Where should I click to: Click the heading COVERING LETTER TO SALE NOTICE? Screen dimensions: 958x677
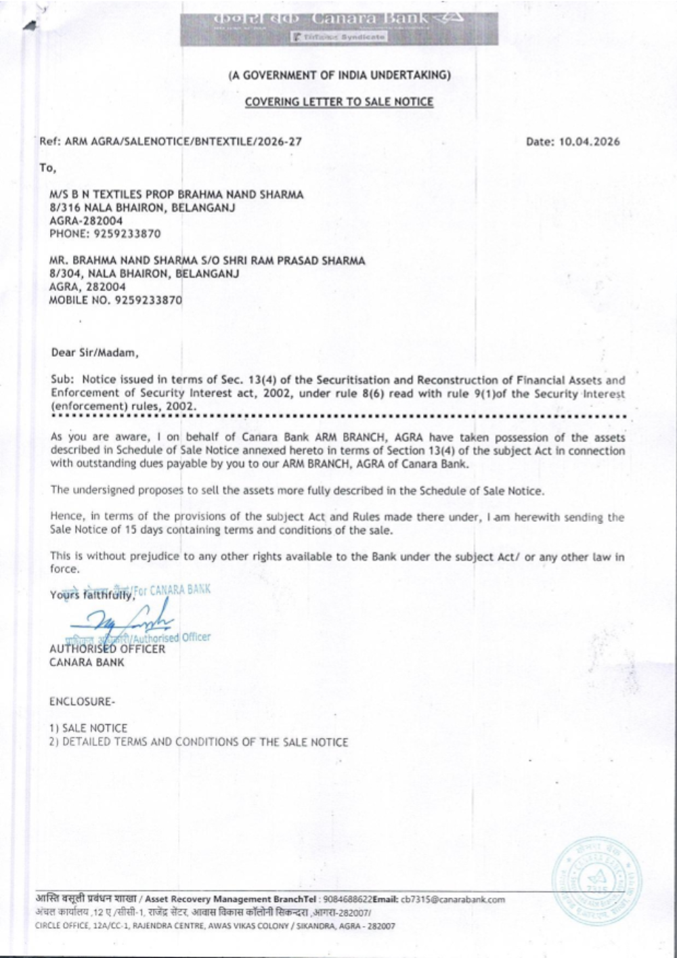coord(338,102)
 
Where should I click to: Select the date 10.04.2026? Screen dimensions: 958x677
coord(589,141)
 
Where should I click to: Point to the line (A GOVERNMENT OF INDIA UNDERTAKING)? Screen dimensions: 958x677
coord(338,75)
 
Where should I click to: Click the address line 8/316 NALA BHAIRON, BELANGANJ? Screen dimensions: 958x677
coord(142,208)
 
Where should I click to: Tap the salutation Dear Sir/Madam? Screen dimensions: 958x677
coord(95,353)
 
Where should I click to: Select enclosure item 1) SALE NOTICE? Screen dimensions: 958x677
coord(88,728)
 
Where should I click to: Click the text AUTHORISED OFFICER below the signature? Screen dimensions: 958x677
coord(107,649)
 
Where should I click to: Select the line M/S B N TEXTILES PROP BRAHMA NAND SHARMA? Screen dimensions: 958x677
coord(176,194)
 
